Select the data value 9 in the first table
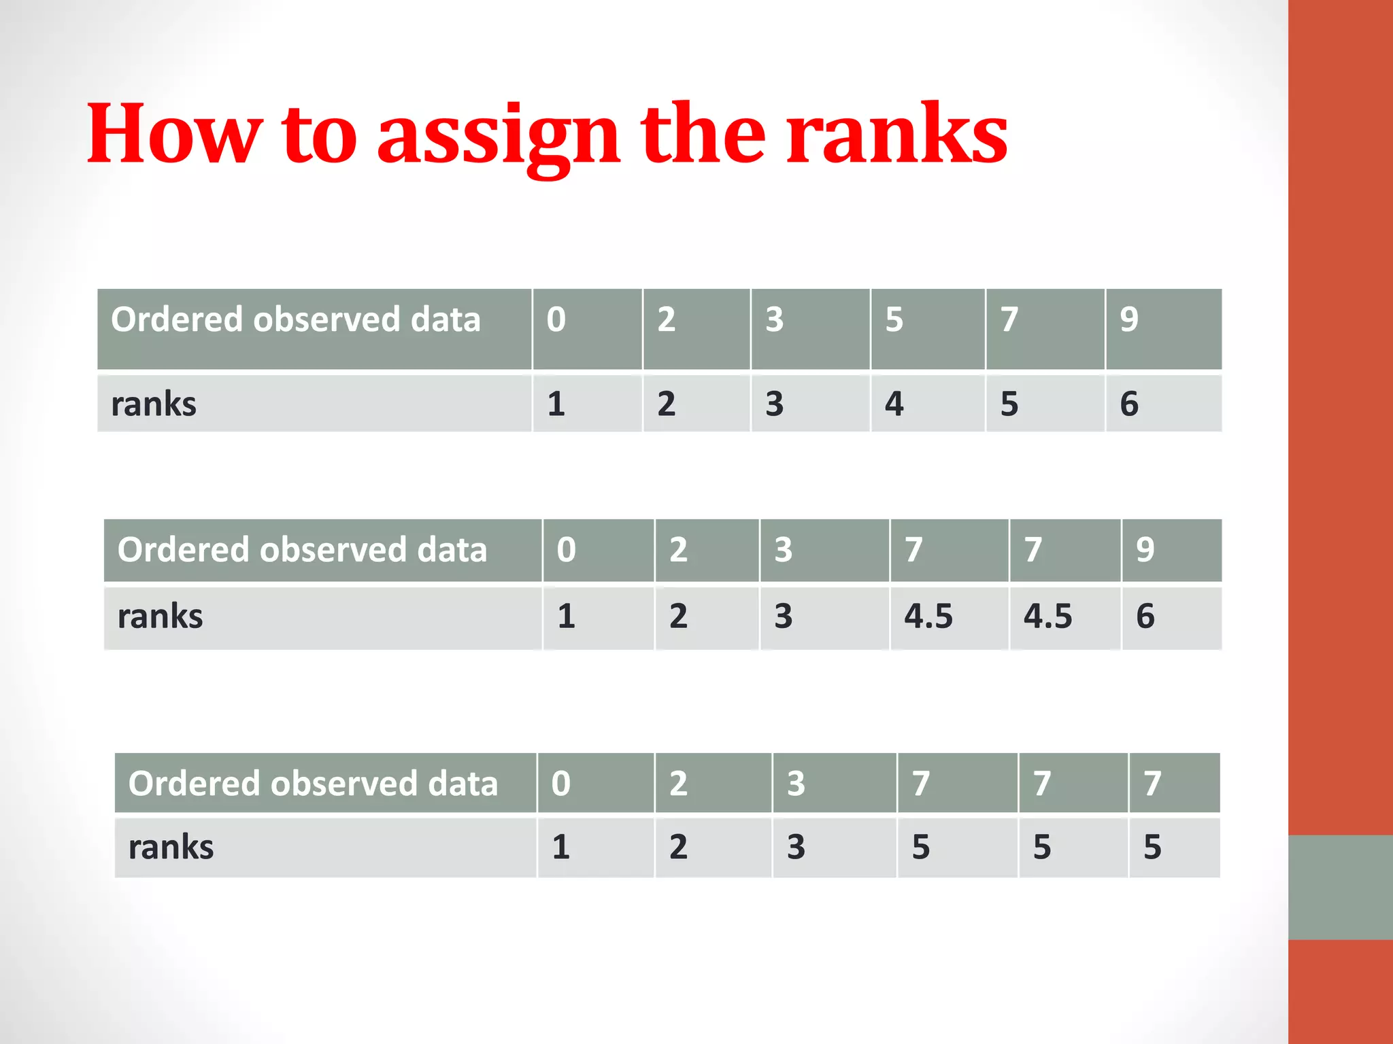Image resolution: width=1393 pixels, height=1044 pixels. click(1129, 319)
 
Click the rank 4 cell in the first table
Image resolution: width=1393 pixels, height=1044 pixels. click(894, 404)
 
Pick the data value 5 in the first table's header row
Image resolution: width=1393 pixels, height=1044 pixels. click(894, 319)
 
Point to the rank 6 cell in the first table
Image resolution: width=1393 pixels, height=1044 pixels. click(1129, 404)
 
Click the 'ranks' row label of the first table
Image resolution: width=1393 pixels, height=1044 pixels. click(154, 404)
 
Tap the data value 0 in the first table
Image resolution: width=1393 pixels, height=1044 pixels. click(556, 319)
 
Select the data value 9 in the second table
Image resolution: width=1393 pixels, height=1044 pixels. click(1145, 549)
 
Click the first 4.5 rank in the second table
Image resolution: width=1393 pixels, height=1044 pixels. click(928, 616)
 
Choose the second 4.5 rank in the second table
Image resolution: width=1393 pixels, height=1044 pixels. click(1047, 616)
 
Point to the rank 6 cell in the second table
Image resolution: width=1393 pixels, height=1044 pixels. click(1145, 616)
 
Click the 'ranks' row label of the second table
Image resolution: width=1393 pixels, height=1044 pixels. click(160, 616)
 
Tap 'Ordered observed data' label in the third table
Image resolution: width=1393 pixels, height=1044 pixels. click(313, 783)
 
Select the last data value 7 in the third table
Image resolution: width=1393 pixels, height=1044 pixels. click(1152, 783)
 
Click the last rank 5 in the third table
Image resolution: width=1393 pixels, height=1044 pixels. click(1152, 847)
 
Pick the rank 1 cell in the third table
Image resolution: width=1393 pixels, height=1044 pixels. click(560, 847)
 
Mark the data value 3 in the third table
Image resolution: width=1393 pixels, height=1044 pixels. click(796, 783)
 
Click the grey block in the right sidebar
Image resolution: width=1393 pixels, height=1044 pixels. click(1340, 887)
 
